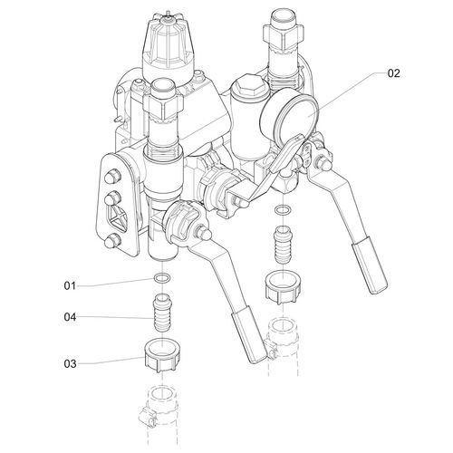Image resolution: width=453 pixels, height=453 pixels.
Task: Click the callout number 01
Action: coord(70,285)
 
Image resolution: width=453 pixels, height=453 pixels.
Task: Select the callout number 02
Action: coord(394,73)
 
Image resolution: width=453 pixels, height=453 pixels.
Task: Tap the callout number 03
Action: coord(70,364)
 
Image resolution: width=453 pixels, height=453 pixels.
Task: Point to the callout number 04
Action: coord(70,317)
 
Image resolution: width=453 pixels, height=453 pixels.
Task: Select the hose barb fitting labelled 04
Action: coord(162,313)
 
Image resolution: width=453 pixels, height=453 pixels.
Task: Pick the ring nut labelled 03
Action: coord(162,355)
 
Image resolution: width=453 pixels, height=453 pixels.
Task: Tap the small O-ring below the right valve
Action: coord(283,209)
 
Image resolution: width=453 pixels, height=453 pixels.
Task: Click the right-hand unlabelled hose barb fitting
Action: coord(283,245)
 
